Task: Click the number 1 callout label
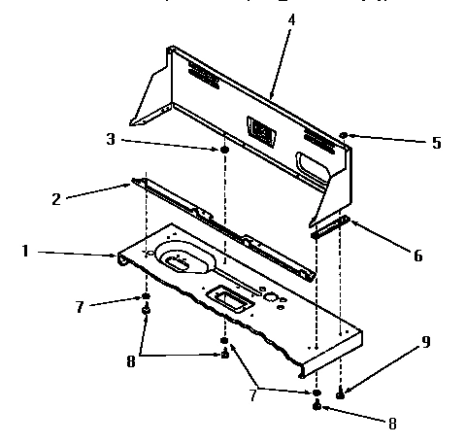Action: tap(25, 251)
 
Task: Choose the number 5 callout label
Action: tap(436, 143)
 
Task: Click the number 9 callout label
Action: tap(424, 342)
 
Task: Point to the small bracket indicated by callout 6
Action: tap(329, 229)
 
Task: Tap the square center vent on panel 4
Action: tap(258, 125)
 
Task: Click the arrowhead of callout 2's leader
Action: tap(132, 181)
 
